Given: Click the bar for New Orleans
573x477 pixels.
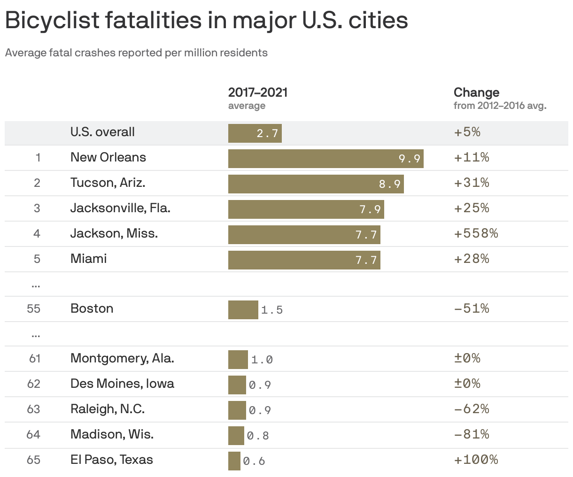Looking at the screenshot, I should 325,159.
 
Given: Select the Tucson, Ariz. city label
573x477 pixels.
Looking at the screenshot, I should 108,183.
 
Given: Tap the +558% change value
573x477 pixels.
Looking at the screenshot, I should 476,233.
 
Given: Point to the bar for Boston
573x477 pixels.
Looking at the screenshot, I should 243,310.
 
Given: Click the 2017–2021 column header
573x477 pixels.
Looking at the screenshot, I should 257,92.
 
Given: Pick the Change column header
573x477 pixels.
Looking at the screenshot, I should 476,92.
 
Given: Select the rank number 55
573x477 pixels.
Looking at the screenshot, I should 34,309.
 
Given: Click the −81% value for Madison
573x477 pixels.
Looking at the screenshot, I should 471,434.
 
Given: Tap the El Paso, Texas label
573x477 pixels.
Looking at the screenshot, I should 111,460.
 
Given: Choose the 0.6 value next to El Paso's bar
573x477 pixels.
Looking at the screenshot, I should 254,462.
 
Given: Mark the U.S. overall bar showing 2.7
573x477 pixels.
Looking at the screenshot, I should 255,133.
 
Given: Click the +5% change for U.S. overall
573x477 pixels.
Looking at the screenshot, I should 467,132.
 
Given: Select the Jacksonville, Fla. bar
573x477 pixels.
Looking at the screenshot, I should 306,209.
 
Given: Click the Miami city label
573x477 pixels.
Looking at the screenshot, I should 88,259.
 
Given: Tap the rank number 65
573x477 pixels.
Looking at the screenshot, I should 34,460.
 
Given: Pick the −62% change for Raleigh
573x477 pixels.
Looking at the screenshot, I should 471,409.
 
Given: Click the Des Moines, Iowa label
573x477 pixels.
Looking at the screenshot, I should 122,384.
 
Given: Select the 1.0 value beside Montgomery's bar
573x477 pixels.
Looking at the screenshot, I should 262,360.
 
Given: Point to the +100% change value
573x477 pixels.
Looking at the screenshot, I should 476,460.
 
